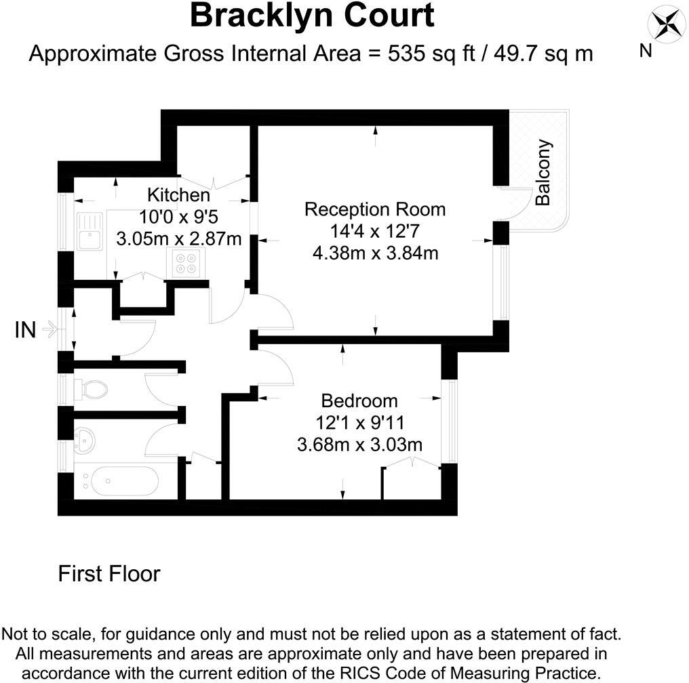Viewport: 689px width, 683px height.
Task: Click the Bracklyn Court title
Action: pyautogui.click(x=311, y=16)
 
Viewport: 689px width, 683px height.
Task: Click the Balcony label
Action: pyautogui.click(x=543, y=172)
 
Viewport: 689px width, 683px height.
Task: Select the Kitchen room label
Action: pyautogui.click(x=178, y=196)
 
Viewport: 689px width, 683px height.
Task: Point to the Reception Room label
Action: pyautogui.click(x=375, y=209)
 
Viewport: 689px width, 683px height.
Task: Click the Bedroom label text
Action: pyautogui.click(x=359, y=400)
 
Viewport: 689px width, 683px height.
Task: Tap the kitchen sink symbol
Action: pyautogui.click(x=89, y=231)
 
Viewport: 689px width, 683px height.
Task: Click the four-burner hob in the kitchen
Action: pyautogui.click(x=189, y=264)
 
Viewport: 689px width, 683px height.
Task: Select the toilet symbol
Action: pyautogui.click(x=92, y=390)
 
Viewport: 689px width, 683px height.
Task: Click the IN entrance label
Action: pyautogui.click(x=25, y=331)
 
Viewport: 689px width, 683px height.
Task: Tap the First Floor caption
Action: pyautogui.click(x=109, y=574)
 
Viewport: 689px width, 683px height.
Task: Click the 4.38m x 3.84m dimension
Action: pyautogui.click(x=375, y=253)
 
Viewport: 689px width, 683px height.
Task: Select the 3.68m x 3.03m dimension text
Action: pyautogui.click(x=360, y=444)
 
